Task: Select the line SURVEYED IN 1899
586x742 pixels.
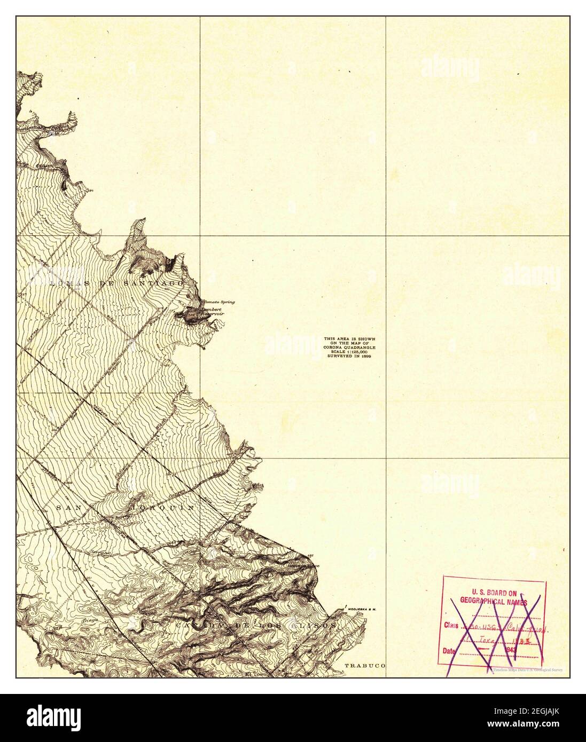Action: pos(349,356)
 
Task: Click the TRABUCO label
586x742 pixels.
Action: pos(364,666)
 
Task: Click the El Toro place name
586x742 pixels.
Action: pos(255,674)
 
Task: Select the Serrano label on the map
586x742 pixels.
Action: pos(99,554)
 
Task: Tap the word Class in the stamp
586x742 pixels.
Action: pos(450,625)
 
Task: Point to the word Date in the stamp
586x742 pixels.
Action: pos(450,651)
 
